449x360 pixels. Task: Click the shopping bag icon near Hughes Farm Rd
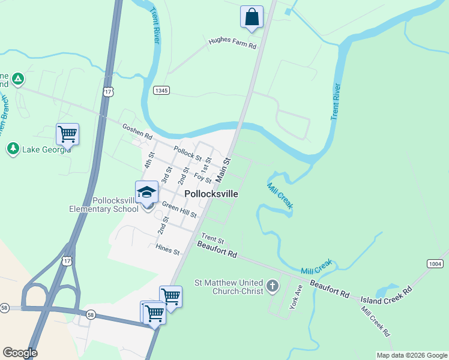point(252,16)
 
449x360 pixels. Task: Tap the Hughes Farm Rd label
point(232,43)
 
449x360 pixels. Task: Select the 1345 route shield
point(161,90)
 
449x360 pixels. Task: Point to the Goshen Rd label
point(137,132)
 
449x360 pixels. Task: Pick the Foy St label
point(203,178)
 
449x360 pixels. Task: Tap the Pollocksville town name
point(211,194)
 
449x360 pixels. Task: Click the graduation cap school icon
point(146,192)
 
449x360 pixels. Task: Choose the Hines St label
point(167,249)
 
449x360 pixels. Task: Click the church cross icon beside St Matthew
point(273,286)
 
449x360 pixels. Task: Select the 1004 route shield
point(436,263)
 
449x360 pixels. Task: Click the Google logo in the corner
point(20,353)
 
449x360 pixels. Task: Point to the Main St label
point(223,170)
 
